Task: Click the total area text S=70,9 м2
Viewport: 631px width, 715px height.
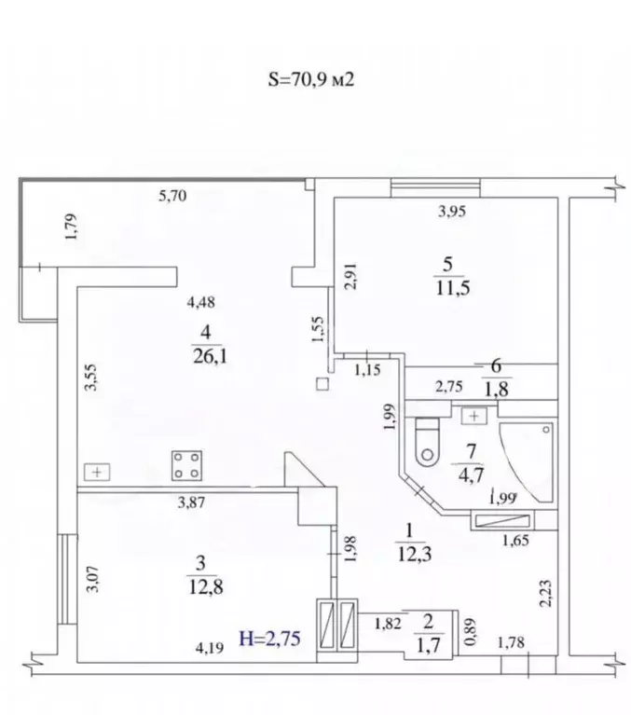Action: [311, 80]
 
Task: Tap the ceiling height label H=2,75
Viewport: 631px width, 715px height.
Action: [270, 639]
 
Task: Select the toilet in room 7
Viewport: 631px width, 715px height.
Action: [428, 442]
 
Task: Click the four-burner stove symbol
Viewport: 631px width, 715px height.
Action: [187, 465]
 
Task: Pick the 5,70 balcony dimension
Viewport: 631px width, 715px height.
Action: [172, 196]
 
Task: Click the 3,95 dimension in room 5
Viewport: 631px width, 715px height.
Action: [452, 212]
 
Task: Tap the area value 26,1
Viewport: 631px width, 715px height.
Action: [211, 356]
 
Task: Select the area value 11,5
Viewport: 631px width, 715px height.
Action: [453, 288]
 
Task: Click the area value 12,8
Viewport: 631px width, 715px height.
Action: [206, 587]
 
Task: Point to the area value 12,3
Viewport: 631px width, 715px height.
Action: [415, 555]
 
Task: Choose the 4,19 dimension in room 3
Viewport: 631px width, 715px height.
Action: [210, 648]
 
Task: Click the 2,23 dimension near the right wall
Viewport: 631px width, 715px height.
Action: [546, 593]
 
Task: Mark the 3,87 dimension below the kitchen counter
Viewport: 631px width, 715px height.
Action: [191, 503]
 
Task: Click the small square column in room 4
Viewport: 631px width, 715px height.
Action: [322, 384]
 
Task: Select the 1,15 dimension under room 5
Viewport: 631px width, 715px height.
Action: [367, 369]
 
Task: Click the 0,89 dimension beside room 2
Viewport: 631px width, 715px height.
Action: [471, 631]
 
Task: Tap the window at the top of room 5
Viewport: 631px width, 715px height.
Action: [435, 187]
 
